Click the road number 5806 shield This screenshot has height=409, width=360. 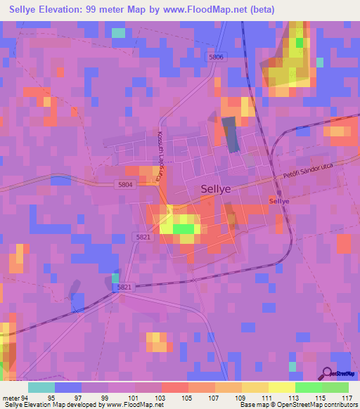(x=216, y=57)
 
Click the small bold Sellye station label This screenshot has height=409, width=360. (x=279, y=201)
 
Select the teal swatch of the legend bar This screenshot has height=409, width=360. (x=41, y=388)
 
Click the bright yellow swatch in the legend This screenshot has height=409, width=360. (x=281, y=388)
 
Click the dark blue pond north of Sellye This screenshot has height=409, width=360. (x=230, y=134)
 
